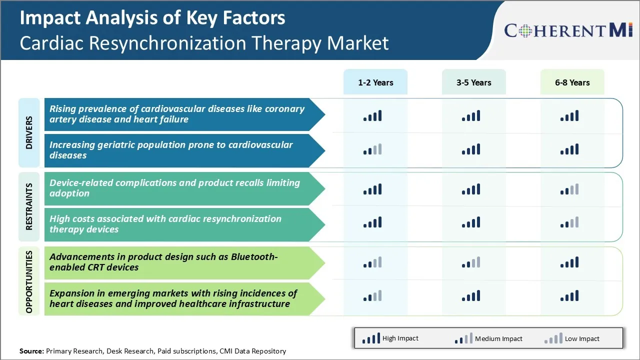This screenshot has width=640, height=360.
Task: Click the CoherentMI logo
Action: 568,30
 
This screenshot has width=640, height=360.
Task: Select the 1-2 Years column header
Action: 375,82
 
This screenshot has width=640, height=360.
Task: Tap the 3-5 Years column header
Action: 473,82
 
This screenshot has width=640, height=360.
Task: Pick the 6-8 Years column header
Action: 572,82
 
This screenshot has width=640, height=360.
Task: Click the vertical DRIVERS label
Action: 29,132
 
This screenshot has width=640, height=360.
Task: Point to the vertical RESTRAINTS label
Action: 29,206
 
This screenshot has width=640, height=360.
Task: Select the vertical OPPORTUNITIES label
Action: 29,281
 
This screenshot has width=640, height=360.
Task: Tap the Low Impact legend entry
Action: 572,338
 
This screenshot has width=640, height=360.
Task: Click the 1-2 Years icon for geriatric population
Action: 372,149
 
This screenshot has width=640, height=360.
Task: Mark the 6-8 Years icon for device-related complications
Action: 569,189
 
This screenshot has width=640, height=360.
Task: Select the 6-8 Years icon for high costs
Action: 569,222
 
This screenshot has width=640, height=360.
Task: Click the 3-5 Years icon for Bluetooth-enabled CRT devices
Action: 471,262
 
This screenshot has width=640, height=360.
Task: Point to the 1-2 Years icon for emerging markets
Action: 372,296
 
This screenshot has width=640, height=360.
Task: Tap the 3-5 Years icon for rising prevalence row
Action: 471,116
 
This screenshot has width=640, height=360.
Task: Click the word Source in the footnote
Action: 31,351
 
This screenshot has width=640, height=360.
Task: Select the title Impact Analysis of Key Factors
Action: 152,18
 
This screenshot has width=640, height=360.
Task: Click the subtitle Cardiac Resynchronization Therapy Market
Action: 204,43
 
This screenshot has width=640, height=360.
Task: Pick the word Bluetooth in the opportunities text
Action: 253,256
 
